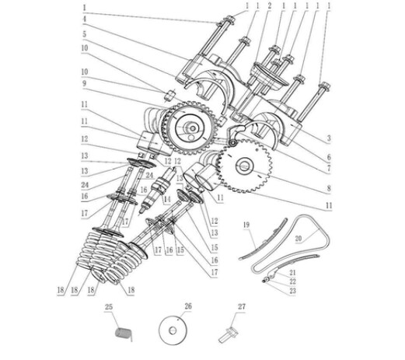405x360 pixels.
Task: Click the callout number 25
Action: pyautogui.click(x=109, y=307)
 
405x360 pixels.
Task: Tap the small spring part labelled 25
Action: pyautogui.click(x=124, y=334)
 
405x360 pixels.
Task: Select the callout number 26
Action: pyautogui.click(x=188, y=306)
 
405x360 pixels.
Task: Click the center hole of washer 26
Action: pyautogui.click(x=173, y=330)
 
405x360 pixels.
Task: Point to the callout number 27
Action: pyautogui.click(x=242, y=307)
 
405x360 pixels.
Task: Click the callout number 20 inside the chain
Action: pyautogui.click(x=299, y=238)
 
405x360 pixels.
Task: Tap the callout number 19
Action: pyautogui.click(x=246, y=225)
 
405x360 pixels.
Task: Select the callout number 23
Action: pyautogui.click(x=292, y=291)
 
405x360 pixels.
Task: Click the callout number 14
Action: pyautogui.click(x=167, y=199)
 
